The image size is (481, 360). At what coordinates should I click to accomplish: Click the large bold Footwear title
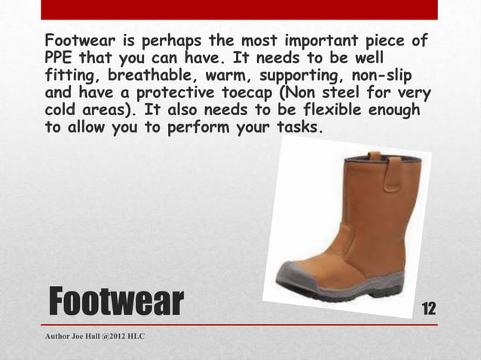(116, 301)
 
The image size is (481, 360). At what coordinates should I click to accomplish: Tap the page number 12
(430, 308)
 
